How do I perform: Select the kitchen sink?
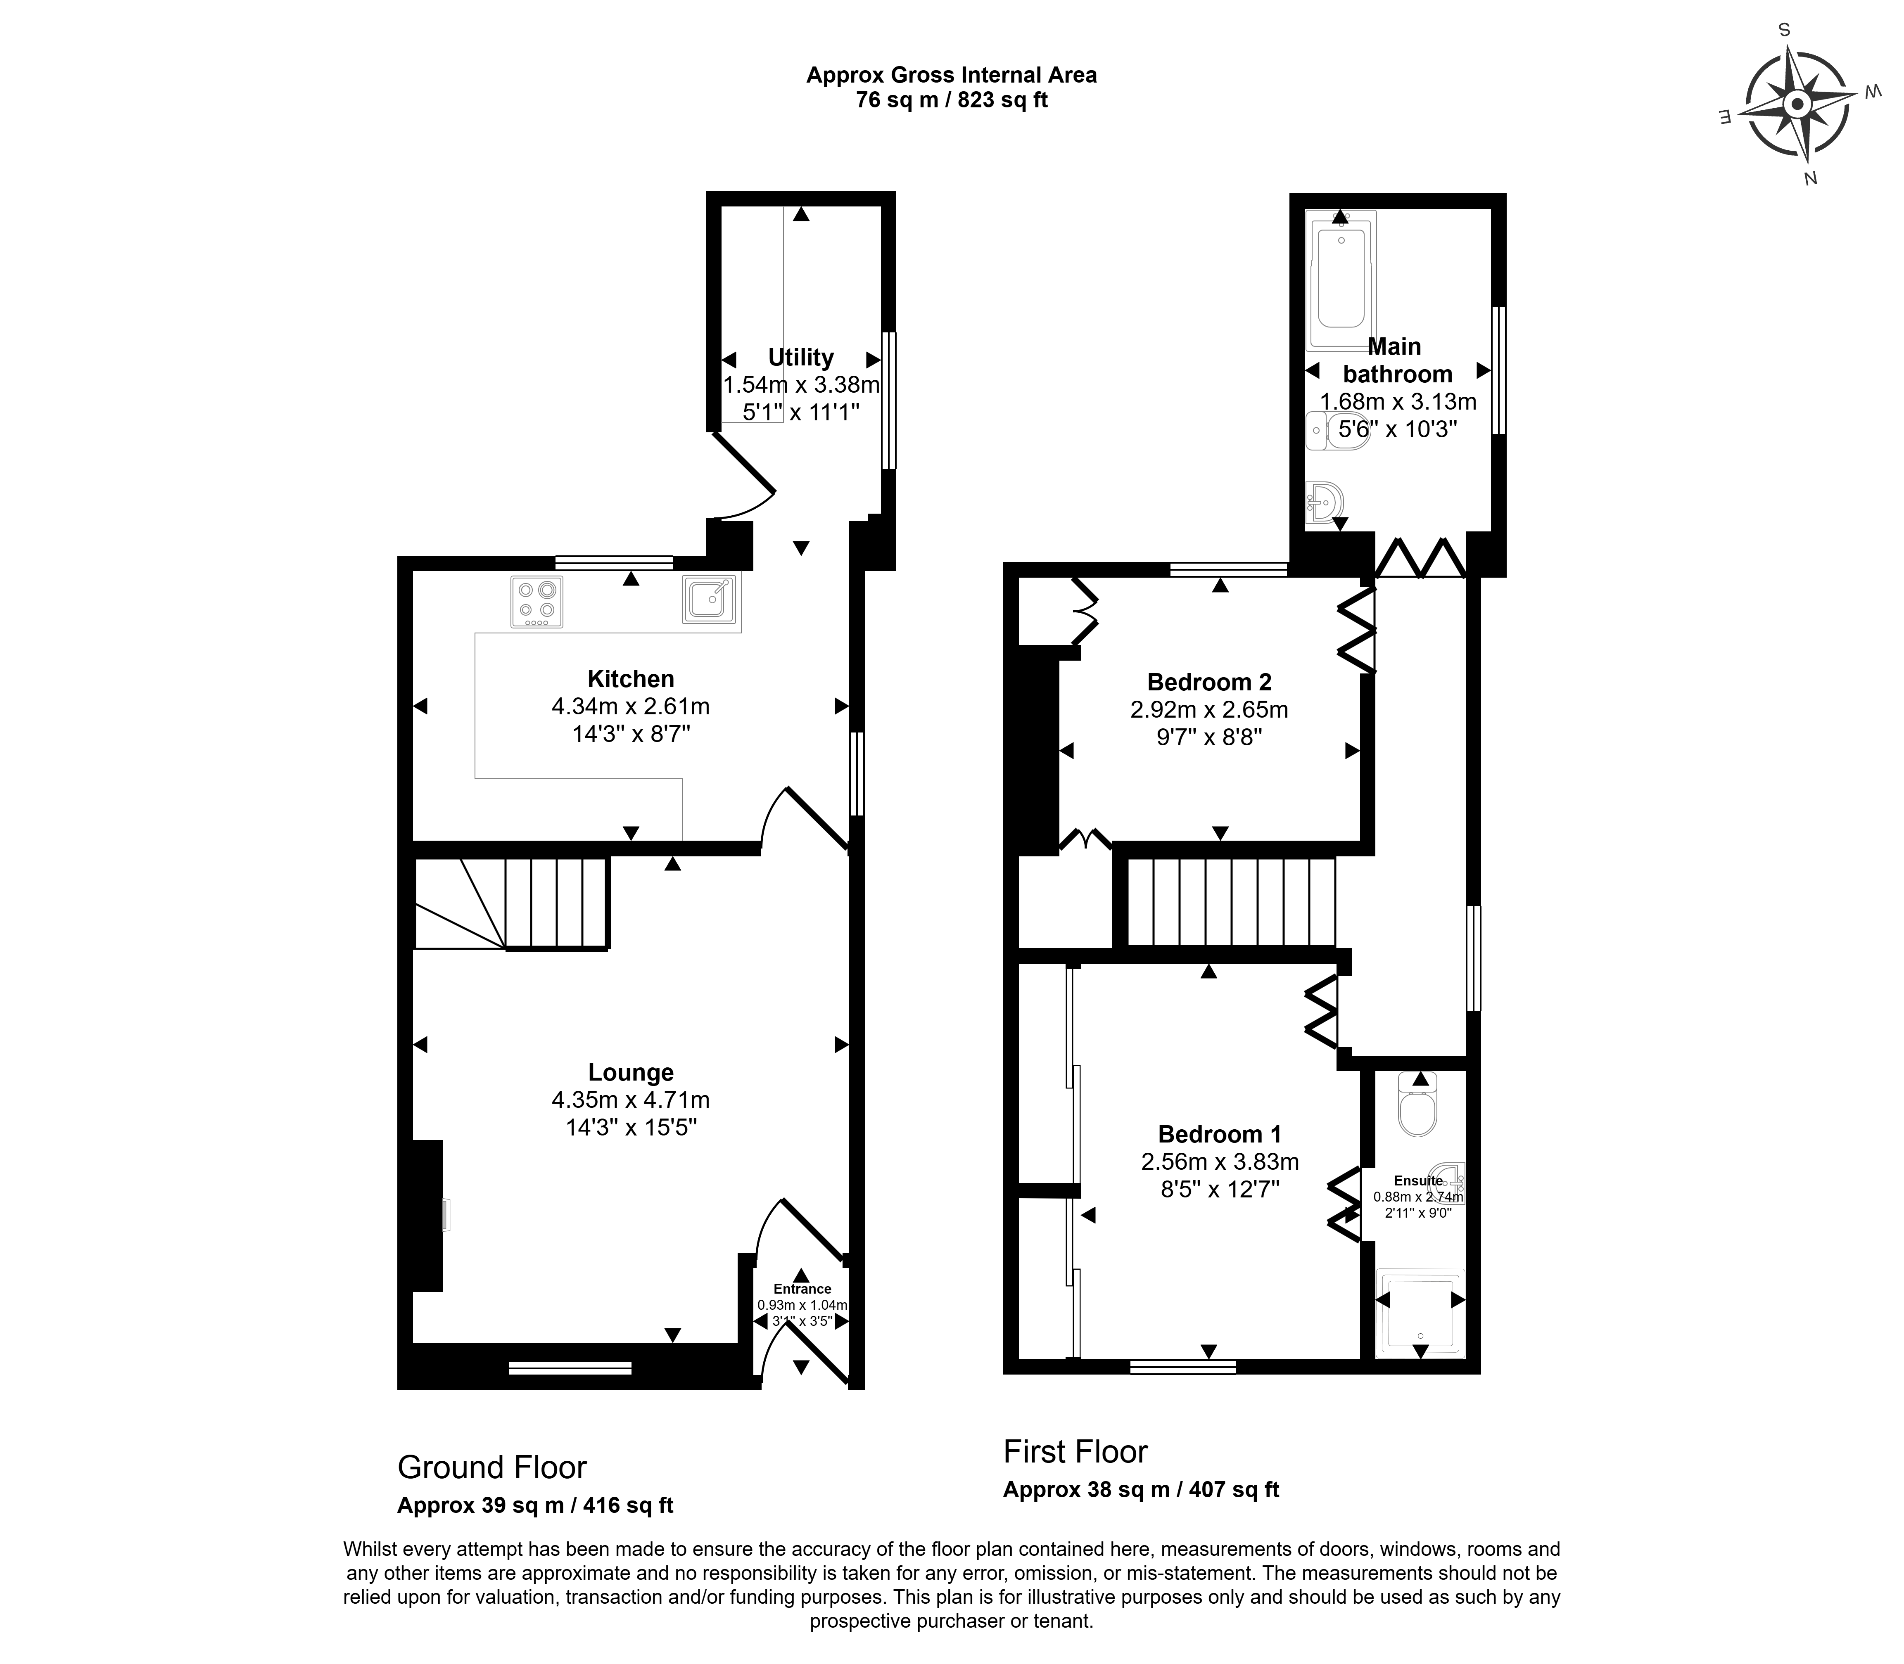click(710, 599)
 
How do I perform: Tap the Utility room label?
click(800, 358)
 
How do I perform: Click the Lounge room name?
click(631, 1072)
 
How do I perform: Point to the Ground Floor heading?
click(492, 1467)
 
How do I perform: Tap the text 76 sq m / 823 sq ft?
click(951, 100)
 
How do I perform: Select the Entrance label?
click(802, 1289)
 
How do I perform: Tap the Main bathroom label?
click(1397, 360)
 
